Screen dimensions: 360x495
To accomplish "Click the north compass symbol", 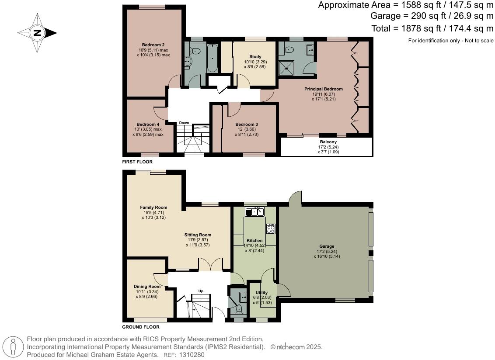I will point(37,32).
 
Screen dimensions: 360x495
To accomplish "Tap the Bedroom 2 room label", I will point(153,45).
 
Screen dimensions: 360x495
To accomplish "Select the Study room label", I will point(255,57).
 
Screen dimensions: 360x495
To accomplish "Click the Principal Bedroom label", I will point(324,89).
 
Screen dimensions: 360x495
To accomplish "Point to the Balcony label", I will point(328,142).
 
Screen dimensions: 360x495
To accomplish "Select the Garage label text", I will point(327,246).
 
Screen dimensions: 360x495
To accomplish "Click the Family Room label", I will point(153,208).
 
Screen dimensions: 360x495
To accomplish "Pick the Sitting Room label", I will point(198,235).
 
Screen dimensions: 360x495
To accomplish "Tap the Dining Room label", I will point(147,287).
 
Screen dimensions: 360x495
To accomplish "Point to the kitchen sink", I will point(254,212).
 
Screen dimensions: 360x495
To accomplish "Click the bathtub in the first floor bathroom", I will point(212,58).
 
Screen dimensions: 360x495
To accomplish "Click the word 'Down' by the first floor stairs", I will point(184,123).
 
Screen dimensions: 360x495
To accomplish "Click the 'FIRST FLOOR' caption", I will point(137,162).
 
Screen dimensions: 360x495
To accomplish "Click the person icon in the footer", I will point(13,347).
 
